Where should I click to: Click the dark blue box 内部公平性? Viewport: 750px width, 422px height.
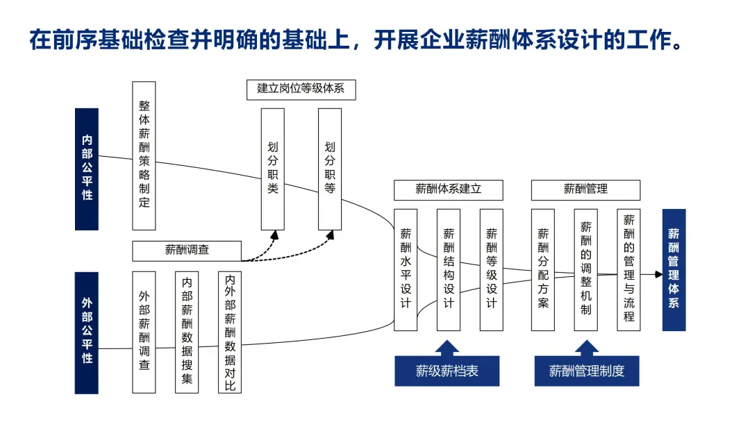(87, 169)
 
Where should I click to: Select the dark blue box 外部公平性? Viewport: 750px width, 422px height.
(87, 332)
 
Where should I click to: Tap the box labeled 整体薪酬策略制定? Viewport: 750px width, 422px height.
(144, 155)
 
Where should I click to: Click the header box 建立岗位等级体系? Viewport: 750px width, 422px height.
(301, 89)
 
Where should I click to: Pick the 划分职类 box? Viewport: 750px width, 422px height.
(272, 169)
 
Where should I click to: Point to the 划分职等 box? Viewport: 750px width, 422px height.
(330, 169)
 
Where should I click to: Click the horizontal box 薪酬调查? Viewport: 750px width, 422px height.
(187, 250)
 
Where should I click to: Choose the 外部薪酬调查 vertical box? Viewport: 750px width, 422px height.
(144, 332)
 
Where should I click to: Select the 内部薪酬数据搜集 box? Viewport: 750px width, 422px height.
(187, 332)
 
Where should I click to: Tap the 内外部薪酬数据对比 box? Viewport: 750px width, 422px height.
(230, 332)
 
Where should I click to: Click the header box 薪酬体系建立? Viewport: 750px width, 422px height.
(448, 189)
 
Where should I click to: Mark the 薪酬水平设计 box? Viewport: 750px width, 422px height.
(406, 269)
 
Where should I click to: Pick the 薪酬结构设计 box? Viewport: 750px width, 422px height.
(449, 269)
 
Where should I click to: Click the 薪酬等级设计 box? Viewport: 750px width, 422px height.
(491, 269)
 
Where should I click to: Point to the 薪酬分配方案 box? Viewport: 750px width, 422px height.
(543, 269)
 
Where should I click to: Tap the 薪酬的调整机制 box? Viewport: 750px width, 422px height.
(586, 269)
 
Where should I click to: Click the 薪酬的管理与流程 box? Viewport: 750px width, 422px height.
(628, 269)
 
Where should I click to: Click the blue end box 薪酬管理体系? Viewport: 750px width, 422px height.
(674, 269)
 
